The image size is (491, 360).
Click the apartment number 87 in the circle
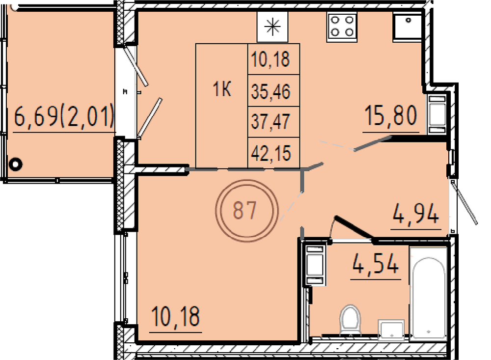tap(245, 210)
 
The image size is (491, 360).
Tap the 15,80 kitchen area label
tap(391, 115)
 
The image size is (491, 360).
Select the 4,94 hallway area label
tap(416, 214)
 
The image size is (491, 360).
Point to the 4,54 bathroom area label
tap(376, 264)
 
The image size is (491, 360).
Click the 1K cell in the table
tap(222, 89)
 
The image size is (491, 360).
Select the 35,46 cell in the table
tap(271, 91)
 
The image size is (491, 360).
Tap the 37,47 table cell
tap(271, 122)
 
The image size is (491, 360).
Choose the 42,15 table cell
tap(271, 153)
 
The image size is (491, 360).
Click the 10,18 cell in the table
tap(271, 59)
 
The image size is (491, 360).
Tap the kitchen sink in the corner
tap(408, 26)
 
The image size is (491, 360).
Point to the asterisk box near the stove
tap(272, 27)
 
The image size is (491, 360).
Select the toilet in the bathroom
tap(351, 320)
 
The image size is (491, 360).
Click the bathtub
tap(428, 294)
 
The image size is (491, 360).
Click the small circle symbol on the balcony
tap(15, 164)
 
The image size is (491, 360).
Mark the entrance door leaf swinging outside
tap(464, 202)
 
